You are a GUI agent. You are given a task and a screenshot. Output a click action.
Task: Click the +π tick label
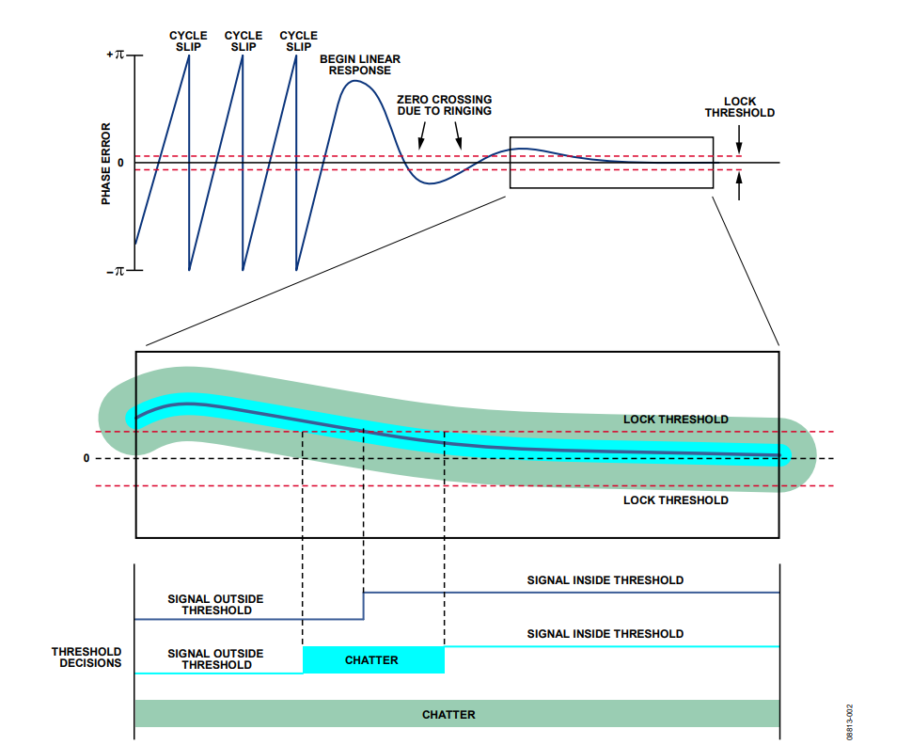115,55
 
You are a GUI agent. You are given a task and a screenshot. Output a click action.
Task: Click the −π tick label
115,271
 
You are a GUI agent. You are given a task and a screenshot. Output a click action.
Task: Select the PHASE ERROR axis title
106,164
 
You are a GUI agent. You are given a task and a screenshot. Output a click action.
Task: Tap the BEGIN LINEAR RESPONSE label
360,65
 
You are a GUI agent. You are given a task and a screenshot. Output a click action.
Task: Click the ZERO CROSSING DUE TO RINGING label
445,105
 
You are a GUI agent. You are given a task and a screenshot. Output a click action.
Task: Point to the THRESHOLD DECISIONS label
86,658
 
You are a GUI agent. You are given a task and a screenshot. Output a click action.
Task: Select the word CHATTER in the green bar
448,714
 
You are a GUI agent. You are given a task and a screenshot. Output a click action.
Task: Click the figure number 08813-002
850,721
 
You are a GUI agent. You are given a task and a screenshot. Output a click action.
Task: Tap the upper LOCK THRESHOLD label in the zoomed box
676,420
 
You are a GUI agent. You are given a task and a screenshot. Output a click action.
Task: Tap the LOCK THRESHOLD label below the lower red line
676,500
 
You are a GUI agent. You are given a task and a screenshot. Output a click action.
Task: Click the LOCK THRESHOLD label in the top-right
740,107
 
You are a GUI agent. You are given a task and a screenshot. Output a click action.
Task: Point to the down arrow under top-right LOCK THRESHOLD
739,139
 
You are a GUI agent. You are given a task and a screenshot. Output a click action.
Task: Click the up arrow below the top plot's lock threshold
739,185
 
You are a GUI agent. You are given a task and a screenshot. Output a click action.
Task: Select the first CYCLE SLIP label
188,41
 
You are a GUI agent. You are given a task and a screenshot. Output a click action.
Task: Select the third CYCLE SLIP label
298,41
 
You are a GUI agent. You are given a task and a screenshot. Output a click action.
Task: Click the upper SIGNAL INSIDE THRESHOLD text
605,580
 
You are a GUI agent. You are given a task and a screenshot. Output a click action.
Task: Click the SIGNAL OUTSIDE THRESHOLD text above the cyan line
216,659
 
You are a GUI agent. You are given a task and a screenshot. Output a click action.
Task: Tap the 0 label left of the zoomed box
86,459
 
